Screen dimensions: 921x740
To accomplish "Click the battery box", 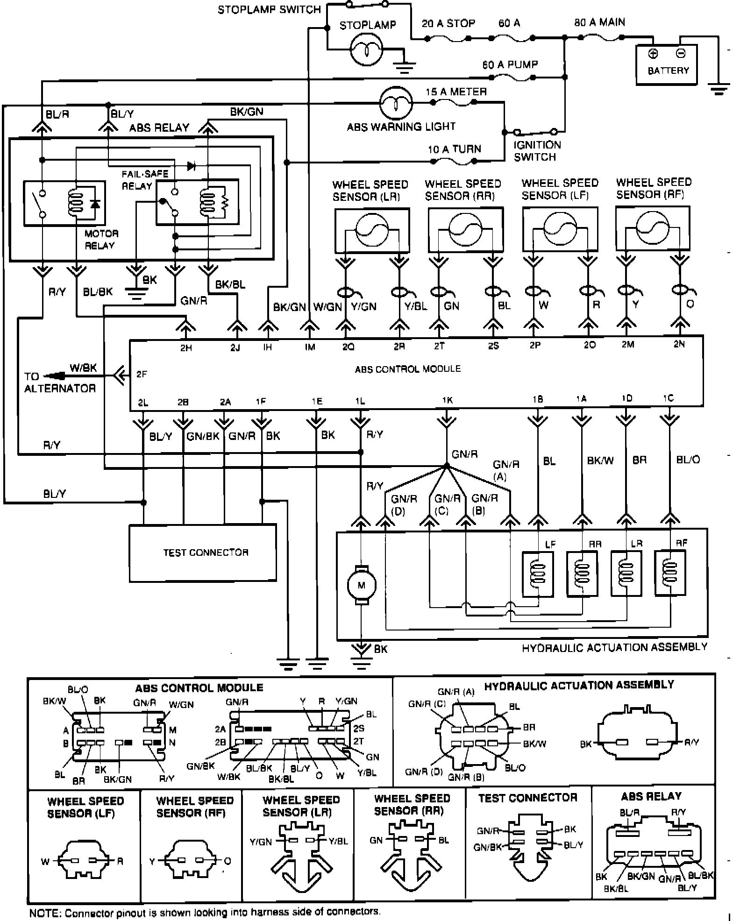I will click(667, 64).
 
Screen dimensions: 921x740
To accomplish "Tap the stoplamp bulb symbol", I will click(367, 49).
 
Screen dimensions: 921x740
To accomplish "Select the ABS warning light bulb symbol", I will click(396, 103).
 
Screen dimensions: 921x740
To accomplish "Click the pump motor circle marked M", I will click(361, 585).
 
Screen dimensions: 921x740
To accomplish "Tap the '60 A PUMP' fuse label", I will click(510, 64).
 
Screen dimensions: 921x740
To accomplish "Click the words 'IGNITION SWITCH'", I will click(537, 151).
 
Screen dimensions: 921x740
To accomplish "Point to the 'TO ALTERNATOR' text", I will click(59, 383).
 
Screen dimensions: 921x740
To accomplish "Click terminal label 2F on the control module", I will click(142, 374).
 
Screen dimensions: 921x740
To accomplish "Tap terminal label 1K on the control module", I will click(447, 400).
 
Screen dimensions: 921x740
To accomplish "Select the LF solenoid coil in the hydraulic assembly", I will click(538, 574).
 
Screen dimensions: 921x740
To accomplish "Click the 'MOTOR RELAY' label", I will click(101, 239).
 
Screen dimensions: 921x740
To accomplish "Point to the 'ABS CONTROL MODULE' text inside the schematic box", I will click(407, 369).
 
